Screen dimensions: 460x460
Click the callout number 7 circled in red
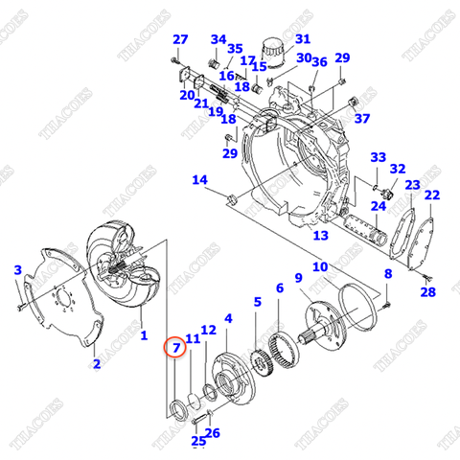175,346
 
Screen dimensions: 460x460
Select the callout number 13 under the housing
320,236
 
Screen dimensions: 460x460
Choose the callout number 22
432,195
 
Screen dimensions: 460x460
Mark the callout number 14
198,180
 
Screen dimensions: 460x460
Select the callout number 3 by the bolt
17,271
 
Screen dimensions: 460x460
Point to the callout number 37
361,119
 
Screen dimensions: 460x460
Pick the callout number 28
427,292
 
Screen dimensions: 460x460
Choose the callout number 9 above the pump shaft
299,278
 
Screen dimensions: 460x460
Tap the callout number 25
197,441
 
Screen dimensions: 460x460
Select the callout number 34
218,39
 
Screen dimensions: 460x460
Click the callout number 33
378,158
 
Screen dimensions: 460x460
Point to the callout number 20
186,94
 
